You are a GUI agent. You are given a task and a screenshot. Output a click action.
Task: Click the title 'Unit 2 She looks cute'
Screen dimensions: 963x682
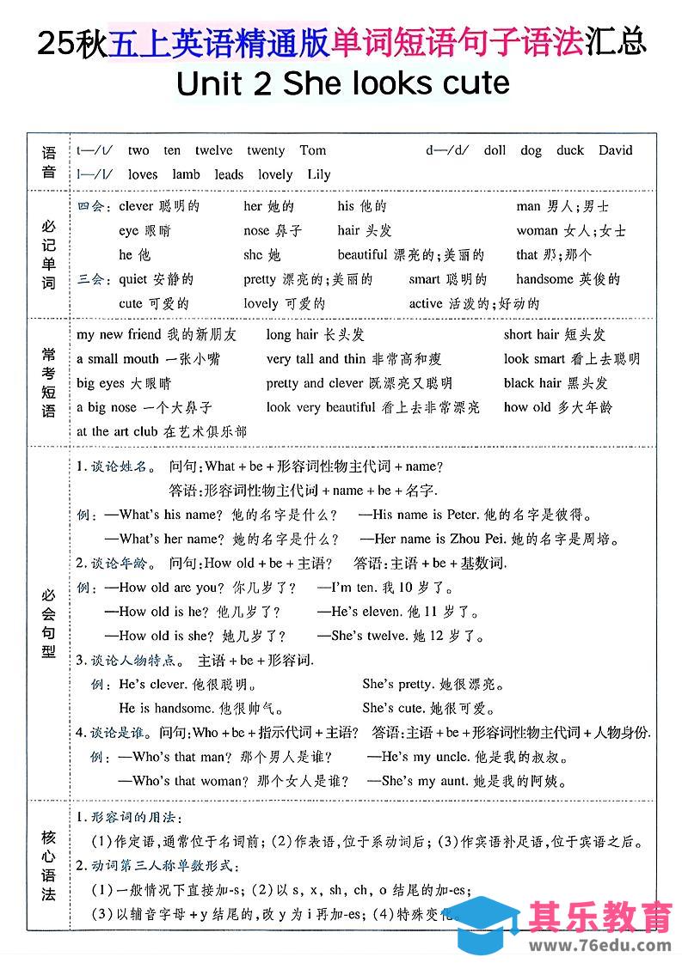(x=341, y=83)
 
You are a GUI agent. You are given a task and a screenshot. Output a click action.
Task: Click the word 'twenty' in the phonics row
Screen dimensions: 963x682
(x=266, y=150)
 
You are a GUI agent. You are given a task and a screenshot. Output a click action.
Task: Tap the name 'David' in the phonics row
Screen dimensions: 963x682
(x=616, y=150)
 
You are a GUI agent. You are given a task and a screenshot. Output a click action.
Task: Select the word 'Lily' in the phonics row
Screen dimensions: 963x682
(x=318, y=174)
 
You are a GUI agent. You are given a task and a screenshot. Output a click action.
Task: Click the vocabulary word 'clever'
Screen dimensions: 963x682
(x=136, y=206)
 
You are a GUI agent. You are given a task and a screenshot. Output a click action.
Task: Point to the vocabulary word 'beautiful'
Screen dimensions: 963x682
(x=362, y=255)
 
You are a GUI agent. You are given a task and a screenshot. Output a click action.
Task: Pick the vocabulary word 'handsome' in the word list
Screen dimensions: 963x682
(x=544, y=279)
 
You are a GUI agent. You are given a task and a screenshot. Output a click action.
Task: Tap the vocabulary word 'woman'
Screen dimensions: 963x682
(x=537, y=231)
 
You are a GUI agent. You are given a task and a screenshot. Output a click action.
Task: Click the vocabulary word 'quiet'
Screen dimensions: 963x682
(x=133, y=279)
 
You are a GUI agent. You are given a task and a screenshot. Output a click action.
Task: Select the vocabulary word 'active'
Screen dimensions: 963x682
(x=426, y=303)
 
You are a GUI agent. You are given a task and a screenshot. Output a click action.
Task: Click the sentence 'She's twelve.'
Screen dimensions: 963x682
(x=358, y=637)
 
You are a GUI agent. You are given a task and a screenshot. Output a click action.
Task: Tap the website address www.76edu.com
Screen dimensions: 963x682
(x=599, y=945)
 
